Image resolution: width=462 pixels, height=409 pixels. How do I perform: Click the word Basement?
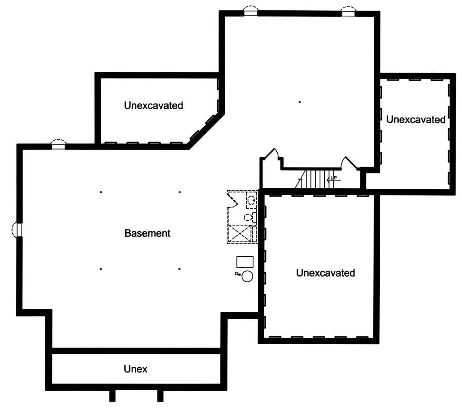click(x=147, y=234)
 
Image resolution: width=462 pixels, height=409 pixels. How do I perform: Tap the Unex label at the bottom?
click(x=135, y=369)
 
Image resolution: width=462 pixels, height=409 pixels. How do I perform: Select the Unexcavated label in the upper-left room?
click(x=153, y=105)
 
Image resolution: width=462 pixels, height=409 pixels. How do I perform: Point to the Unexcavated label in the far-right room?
click(x=416, y=120)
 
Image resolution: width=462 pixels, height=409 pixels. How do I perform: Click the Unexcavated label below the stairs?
click(x=325, y=273)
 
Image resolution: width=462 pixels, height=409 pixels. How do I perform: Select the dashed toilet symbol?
click(x=249, y=217)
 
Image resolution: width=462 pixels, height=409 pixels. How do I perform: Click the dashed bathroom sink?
click(x=251, y=200)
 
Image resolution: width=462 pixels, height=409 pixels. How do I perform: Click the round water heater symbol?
click(x=248, y=277)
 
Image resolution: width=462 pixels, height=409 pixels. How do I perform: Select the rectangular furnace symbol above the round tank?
click(x=245, y=262)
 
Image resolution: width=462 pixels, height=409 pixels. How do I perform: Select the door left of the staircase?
click(x=275, y=154)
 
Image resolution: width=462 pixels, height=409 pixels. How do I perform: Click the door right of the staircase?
click(x=347, y=162)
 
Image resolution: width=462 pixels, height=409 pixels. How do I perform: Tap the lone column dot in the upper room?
click(x=299, y=102)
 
